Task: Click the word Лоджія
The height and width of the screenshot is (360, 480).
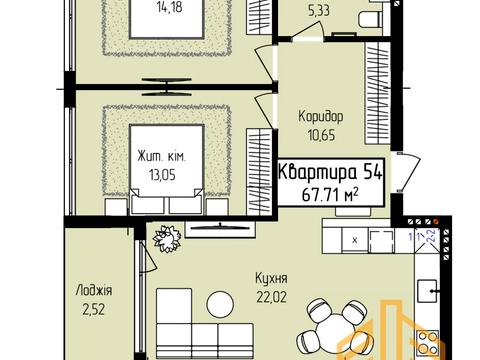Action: [x=93, y=291]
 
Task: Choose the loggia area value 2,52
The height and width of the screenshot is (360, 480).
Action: [x=93, y=308]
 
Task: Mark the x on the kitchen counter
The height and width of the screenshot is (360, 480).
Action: [x=354, y=241]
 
